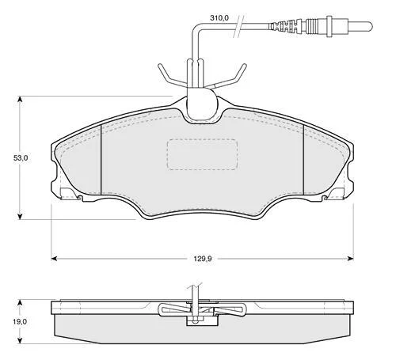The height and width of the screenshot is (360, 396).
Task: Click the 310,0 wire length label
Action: (x=219, y=18)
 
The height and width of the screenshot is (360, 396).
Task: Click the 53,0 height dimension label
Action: (x=21, y=158)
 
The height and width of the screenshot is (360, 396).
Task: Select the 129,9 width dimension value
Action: (x=203, y=259)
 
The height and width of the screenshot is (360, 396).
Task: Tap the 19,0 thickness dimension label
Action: (x=20, y=321)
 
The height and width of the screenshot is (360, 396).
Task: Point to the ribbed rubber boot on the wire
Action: (x=283, y=26)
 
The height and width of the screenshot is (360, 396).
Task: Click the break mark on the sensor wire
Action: (x=238, y=26)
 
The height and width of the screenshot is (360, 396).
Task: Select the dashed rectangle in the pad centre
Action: (x=202, y=154)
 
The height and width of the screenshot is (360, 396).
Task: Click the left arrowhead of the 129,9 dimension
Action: (x=54, y=259)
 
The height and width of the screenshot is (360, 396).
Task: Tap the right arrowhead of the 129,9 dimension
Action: (x=350, y=259)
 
